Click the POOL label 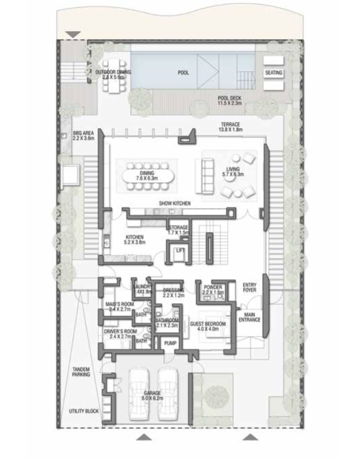183,73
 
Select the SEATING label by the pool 274,73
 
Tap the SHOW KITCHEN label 175,203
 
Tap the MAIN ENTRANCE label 253,317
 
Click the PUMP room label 171,344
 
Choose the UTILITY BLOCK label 83,412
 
